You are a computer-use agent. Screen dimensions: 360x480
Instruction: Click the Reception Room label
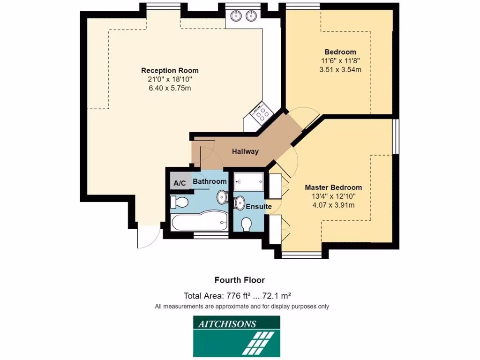pos(173,71)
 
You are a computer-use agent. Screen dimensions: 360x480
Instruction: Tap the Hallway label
pos(245,151)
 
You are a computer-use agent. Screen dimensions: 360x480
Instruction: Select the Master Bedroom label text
pos(333,187)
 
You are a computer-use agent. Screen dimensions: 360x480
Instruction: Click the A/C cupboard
pos(180,183)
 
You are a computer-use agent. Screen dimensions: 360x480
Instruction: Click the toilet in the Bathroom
pos(179,202)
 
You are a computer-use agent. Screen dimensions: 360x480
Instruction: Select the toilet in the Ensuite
pos(246,225)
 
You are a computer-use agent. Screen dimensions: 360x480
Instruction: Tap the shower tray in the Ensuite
pos(249,182)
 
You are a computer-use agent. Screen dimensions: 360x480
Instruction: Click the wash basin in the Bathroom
pos(222,197)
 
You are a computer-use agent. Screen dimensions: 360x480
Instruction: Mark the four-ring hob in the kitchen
pos(262,113)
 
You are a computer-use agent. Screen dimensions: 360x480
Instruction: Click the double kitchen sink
pos(243,16)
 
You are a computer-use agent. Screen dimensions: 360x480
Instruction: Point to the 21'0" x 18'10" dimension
pos(173,80)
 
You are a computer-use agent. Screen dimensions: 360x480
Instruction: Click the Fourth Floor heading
pos(240,280)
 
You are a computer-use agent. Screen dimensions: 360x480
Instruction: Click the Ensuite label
pos(259,206)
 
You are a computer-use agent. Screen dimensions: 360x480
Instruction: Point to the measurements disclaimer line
pos(242,307)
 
